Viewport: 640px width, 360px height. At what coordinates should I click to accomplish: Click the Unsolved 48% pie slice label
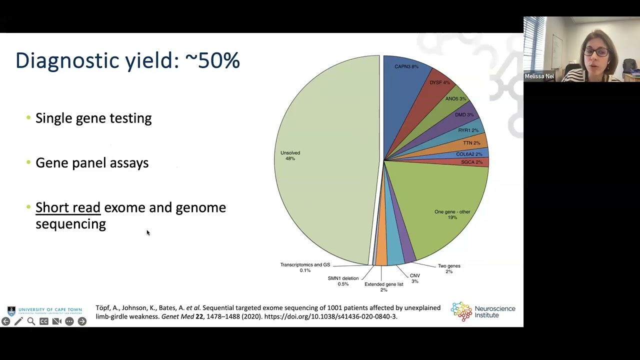click(x=290, y=155)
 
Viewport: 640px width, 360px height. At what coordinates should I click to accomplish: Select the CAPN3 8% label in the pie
click(x=406, y=66)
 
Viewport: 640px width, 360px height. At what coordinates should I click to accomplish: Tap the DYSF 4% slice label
click(x=439, y=82)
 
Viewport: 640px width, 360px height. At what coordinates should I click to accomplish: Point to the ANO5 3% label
click(x=455, y=98)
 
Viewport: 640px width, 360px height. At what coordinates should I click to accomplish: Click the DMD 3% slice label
click(x=464, y=115)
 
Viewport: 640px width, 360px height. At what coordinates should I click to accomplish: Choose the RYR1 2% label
click(x=468, y=130)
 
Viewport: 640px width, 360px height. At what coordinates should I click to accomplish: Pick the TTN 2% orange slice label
click(x=471, y=143)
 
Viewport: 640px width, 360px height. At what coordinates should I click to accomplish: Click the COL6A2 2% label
click(x=469, y=154)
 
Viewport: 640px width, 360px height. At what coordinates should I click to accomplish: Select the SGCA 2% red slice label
click(x=471, y=162)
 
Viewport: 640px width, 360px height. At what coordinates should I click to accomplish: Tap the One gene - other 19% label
click(x=452, y=214)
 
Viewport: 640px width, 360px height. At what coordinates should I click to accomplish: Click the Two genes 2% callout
click(x=449, y=268)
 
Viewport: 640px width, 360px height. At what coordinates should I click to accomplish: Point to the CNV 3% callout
click(x=414, y=278)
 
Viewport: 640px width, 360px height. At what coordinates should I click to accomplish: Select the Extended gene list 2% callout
click(x=383, y=287)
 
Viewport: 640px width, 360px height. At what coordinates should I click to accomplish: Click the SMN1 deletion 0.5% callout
click(x=343, y=281)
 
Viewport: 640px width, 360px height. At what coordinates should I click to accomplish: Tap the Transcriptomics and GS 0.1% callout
click(x=305, y=267)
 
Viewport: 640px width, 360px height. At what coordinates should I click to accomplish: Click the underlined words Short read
click(x=68, y=207)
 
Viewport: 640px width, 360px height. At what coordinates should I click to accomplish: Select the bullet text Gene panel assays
click(x=92, y=163)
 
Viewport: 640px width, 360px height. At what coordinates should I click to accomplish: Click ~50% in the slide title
click(x=212, y=60)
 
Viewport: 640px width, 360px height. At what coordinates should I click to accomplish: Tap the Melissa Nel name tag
click(x=539, y=76)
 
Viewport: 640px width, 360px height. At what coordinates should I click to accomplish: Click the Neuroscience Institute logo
click(x=483, y=311)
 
